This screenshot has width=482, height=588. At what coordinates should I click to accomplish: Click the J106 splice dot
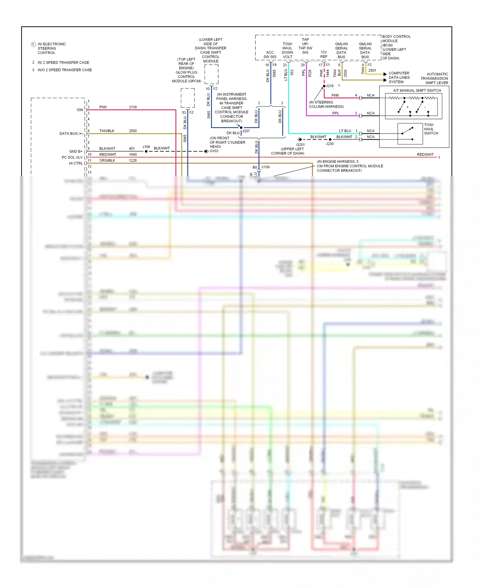point(146,151)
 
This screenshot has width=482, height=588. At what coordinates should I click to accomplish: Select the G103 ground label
point(214,151)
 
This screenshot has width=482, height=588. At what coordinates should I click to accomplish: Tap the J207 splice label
point(246,131)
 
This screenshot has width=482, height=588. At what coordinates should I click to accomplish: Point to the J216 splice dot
point(324,86)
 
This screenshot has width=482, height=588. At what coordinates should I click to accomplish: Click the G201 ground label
point(300,145)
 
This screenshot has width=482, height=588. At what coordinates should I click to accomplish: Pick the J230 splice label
point(330,144)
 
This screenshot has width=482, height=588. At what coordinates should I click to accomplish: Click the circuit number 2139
point(133,107)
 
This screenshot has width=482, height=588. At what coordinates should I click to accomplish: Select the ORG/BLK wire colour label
point(107,161)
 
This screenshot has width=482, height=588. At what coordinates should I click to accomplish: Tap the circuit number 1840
point(133,155)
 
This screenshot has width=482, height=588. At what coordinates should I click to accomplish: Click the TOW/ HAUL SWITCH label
point(431,129)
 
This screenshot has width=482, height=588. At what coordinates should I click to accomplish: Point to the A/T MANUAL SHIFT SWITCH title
point(417,91)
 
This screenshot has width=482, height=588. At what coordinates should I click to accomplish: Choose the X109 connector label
point(265,167)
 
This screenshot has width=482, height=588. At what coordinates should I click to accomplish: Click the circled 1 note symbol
point(33,44)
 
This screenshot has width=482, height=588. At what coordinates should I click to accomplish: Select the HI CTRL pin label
point(76,163)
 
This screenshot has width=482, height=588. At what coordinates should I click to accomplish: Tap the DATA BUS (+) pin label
point(71,133)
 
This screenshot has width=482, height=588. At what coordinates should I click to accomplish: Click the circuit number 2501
point(372,70)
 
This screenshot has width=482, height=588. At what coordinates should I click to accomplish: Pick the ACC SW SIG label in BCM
point(270,55)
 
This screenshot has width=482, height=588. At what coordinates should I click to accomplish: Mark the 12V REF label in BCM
point(324,54)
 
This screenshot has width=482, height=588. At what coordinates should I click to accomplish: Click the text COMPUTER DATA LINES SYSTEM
point(399,78)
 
